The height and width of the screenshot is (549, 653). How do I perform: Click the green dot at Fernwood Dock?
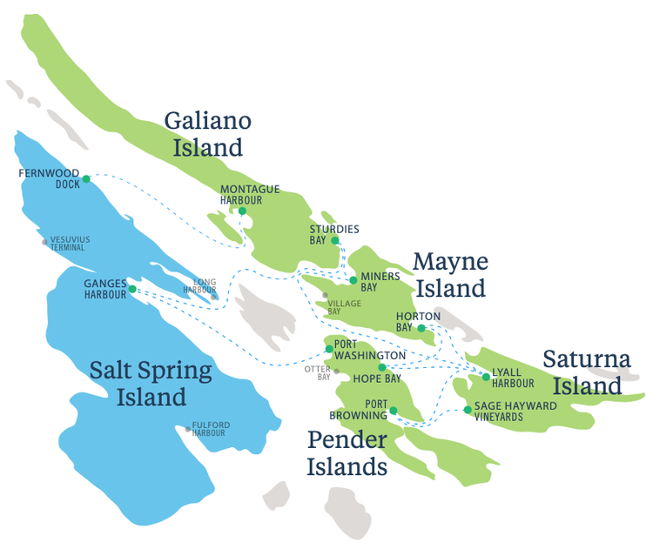point(86,181)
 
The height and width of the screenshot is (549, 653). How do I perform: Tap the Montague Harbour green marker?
point(242,211)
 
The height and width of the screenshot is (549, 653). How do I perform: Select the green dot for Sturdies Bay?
point(335,240)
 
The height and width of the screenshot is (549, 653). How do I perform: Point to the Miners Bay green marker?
point(353,280)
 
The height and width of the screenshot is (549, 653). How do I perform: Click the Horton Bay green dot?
point(421,328)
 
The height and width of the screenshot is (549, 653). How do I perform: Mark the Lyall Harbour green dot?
point(486,377)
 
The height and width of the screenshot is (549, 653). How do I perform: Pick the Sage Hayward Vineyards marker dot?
point(468,410)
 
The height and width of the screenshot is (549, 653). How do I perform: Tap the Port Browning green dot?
point(393,411)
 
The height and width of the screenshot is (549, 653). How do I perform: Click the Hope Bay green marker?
point(380,368)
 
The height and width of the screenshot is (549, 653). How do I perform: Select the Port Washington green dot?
point(328,349)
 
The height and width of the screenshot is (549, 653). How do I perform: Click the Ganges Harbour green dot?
point(132,289)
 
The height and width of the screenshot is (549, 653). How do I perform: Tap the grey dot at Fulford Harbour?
point(187,429)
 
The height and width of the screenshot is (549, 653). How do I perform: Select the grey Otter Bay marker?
point(336,371)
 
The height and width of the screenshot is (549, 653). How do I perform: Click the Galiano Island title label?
point(208,133)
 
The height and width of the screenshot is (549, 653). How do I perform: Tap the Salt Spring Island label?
point(151,384)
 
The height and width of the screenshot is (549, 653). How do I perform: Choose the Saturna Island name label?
point(582,372)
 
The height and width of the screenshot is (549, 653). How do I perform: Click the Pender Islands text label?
point(347,453)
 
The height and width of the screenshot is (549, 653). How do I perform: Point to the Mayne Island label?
point(449,274)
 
